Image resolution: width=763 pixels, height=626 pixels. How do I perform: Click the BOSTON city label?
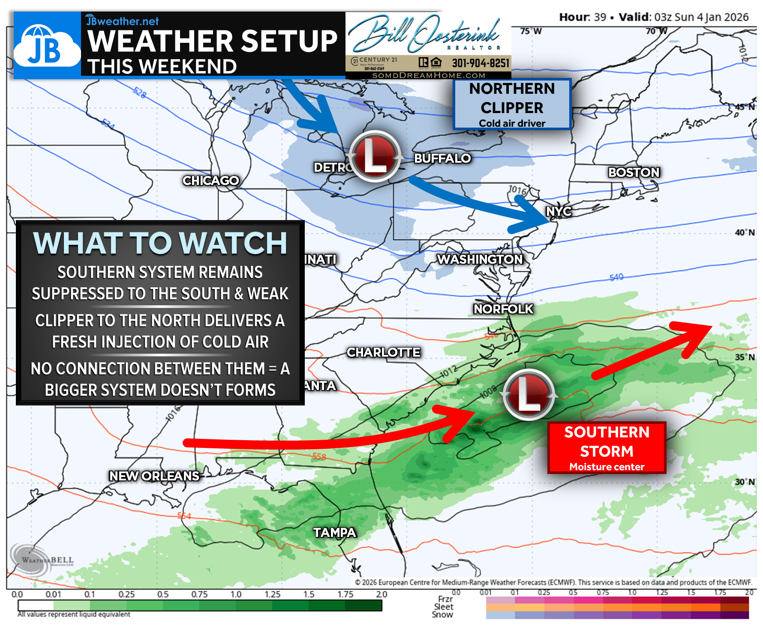pyautogui.click(x=634, y=172)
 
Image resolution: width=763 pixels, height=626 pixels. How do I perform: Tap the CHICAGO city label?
pyautogui.click(x=210, y=180)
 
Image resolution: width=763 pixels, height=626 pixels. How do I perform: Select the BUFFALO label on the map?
pyautogui.click(x=442, y=158)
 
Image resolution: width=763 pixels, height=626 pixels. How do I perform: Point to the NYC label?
pyautogui.click(x=559, y=211)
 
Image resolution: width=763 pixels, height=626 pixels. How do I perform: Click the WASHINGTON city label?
pyautogui.click(x=480, y=259)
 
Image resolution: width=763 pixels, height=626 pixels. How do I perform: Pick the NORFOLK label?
pyautogui.click(x=503, y=309)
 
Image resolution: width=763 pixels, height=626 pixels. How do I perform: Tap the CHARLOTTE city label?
pyautogui.click(x=383, y=352)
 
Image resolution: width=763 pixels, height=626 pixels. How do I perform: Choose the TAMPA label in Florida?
pyautogui.click(x=334, y=532)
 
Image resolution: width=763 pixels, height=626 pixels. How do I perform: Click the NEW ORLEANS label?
pyautogui.click(x=154, y=476)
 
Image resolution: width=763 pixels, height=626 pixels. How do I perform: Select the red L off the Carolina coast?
pyautogui.click(x=529, y=394)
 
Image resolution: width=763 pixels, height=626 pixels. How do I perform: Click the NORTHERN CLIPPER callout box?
pyautogui.click(x=512, y=104)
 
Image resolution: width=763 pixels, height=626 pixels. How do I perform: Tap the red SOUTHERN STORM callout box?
pyautogui.click(x=607, y=447)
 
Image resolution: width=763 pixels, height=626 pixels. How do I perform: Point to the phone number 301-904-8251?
pyautogui.click(x=480, y=63)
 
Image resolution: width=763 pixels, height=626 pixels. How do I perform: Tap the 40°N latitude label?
pyautogui.click(x=745, y=233)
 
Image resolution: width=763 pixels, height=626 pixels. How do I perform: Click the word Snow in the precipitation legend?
pyautogui.click(x=442, y=614)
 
